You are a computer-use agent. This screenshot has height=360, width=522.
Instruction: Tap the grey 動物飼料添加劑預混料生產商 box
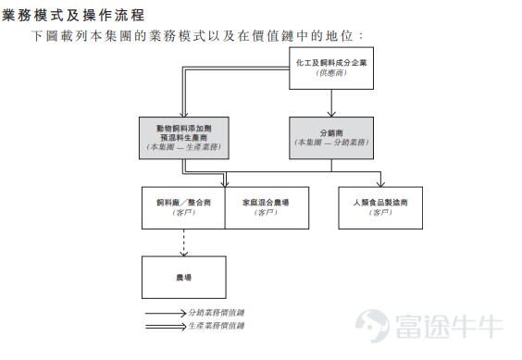tap(183, 135)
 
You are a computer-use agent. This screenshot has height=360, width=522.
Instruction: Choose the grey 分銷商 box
tap(330, 135)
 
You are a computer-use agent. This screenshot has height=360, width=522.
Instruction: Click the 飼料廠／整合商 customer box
tap(182, 206)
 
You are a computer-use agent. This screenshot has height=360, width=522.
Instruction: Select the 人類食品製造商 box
tap(380, 206)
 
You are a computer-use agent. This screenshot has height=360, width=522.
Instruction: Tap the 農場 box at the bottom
tap(182, 277)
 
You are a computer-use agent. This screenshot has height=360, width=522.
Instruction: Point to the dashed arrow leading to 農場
tap(183, 242)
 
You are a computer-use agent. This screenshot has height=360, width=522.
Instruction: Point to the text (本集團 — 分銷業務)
tap(330, 143)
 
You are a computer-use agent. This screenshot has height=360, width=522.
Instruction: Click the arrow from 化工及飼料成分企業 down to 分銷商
tap(330, 103)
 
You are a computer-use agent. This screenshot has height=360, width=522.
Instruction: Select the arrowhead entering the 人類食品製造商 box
tap(380, 182)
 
